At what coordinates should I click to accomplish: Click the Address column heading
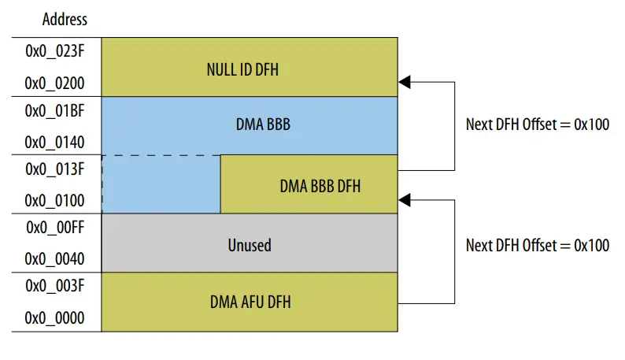click(65, 19)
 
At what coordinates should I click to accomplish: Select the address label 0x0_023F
click(55, 51)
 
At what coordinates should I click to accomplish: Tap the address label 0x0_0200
click(55, 83)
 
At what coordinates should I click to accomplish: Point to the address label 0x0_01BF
click(55, 110)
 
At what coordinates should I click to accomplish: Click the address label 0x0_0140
click(55, 142)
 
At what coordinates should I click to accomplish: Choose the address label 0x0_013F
click(55, 169)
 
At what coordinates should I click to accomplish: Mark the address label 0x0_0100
click(55, 201)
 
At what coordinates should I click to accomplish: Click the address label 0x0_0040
click(55, 259)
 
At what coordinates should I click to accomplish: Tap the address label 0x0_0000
click(55, 319)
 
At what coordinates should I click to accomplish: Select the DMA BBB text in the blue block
click(249, 125)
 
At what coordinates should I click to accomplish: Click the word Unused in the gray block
click(249, 245)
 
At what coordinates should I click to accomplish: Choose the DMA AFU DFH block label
click(249, 302)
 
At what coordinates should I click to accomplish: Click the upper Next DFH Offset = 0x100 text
click(537, 124)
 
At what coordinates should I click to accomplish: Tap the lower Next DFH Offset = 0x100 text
click(537, 245)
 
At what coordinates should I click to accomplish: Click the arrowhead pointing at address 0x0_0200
click(405, 81)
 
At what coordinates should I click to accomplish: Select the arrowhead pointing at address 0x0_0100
click(405, 199)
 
